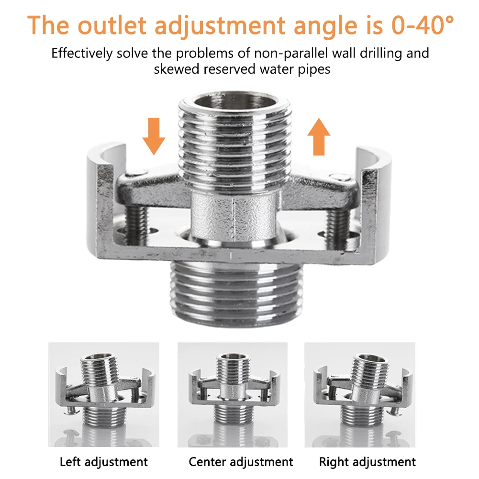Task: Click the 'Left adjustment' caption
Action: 104,462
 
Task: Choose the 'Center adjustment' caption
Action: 241,462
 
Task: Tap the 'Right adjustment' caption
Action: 368,462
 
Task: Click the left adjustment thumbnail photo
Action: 104,395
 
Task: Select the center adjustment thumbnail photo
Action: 233,395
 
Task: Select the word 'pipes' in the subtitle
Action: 313,69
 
